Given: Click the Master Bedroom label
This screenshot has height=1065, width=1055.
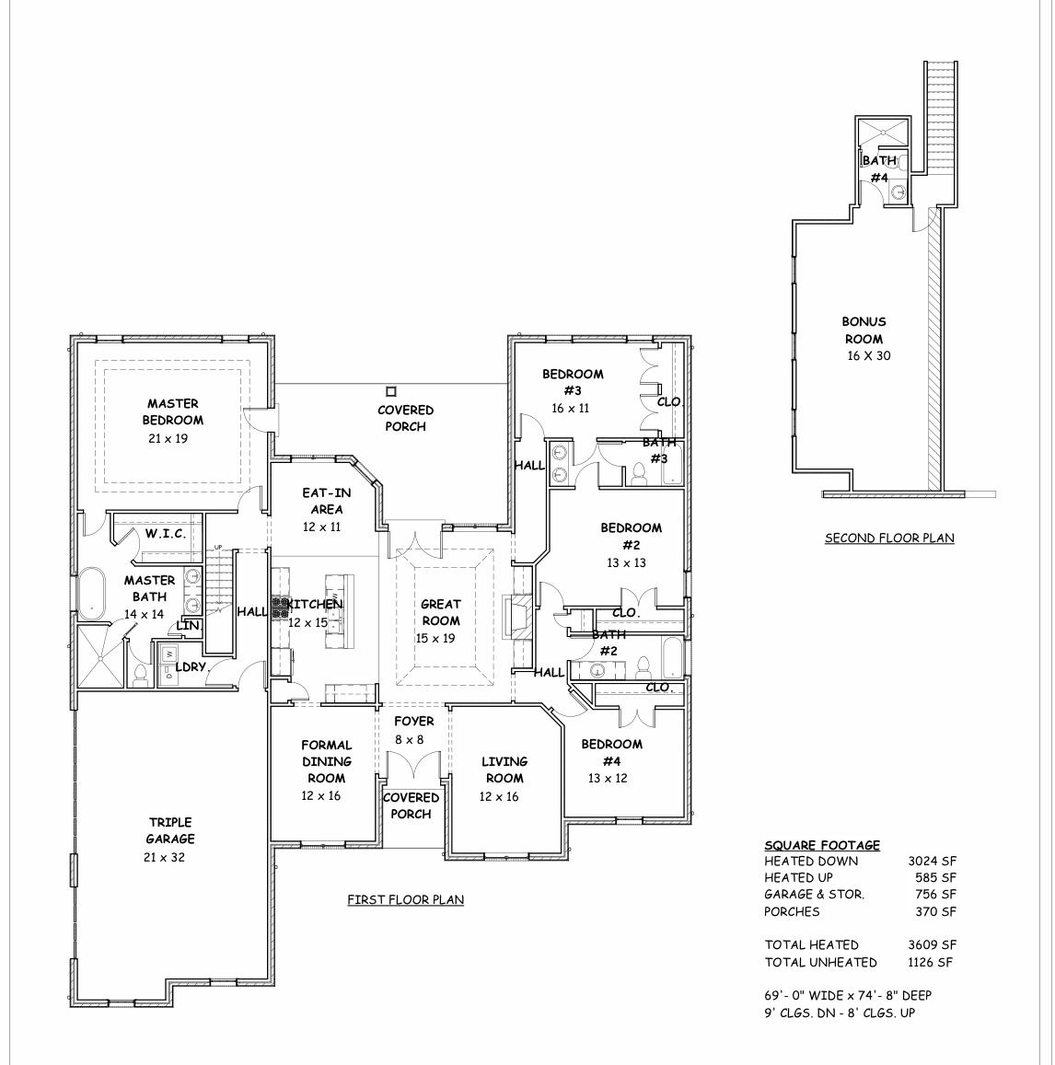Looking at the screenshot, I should click(x=172, y=411).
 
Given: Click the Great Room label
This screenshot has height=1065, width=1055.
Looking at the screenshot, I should click(x=441, y=612).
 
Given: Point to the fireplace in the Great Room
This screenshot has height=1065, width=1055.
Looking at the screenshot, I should click(x=515, y=617).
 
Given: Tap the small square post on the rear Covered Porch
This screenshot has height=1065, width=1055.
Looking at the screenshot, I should click(x=391, y=390).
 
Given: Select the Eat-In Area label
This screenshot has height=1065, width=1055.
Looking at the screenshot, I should click(x=327, y=501).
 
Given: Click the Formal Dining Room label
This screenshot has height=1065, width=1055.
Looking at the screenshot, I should click(x=326, y=761).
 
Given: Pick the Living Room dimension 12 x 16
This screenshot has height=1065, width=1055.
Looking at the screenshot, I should click(x=498, y=797).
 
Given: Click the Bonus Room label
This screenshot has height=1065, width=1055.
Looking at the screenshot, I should click(x=864, y=330).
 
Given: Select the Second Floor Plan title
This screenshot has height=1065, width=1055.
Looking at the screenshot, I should click(x=888, y=538).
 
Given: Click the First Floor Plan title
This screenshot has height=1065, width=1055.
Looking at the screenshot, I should click(x=405, y=900).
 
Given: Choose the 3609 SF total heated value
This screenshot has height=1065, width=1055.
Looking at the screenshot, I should click(x=932, y=944).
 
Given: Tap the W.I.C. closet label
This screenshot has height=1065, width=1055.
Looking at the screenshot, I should click(x=166, y=534).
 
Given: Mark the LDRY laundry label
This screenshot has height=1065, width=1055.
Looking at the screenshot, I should click(x=191, y=666).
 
